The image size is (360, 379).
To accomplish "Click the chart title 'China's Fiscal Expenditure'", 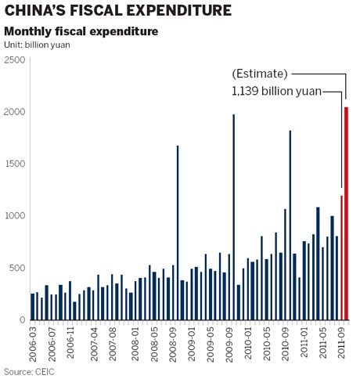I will (x=117, y=11).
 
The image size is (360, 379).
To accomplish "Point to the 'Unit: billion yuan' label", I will (x=38, y=45).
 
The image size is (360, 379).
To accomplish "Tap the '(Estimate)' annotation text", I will (x=260, y=74).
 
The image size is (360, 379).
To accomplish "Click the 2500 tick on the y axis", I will (x=14, y=60).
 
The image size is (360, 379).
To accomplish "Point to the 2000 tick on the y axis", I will (x=14, y=112).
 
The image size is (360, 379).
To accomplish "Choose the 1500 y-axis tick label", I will (x=14, y=164).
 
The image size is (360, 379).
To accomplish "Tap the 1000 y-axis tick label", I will (x=14, y=216).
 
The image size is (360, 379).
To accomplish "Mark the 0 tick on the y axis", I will (x=21, y=320).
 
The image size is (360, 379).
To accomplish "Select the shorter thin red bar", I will (x=341, y=258).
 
